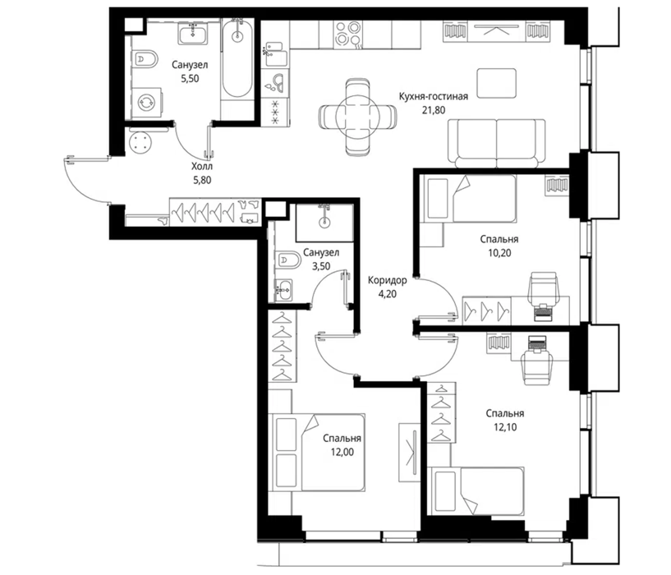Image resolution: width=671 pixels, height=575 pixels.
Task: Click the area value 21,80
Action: [434, 110]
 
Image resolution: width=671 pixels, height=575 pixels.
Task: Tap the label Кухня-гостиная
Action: [433, 96]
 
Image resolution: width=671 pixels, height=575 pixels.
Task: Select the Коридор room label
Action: [388, 280]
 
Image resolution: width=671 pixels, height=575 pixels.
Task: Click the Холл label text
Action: [202, 166]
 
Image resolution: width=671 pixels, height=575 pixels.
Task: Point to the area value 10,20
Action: [499, 253]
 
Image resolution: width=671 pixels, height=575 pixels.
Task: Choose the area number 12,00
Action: [342, 452]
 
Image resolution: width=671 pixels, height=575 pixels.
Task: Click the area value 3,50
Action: [321, 266]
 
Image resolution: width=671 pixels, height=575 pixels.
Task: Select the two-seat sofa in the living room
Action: [496, 144]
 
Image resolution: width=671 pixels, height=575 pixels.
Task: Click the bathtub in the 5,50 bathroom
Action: [237, 58]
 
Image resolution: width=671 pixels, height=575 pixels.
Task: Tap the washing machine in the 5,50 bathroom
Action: [146, 103]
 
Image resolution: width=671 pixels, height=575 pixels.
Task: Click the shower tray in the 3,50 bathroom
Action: [324, 223]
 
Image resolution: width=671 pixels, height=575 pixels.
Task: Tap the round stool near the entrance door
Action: [140, 142]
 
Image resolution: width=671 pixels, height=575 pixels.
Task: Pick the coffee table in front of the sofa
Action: [496, 83]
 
